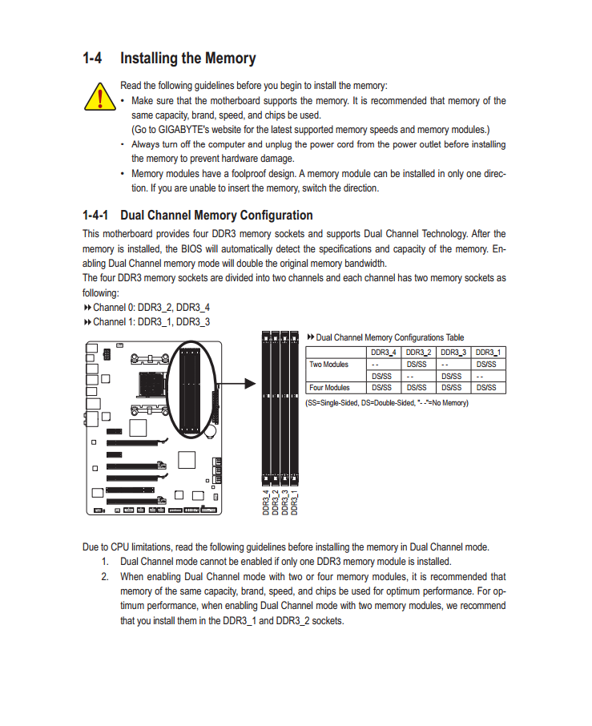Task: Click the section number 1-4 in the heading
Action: (93, 58)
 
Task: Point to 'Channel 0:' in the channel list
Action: (114, 307)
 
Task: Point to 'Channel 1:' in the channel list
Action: (114, 322)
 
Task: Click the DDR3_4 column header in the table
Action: (383, 353)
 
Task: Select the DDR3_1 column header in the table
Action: (489, 353)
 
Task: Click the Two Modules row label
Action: (329, 365)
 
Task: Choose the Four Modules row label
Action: (329, 388)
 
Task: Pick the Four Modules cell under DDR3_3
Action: (453, 388)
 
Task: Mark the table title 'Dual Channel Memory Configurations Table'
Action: (389, 337)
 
